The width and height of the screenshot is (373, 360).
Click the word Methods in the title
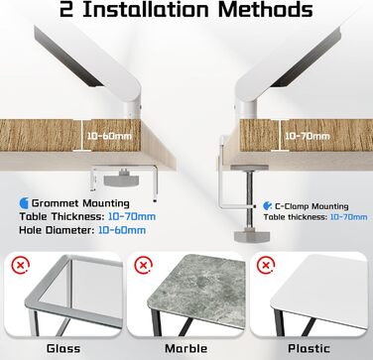coord(265,10)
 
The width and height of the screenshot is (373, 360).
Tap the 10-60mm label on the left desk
coord(109,136)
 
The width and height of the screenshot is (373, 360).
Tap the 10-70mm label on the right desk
coord(308,136)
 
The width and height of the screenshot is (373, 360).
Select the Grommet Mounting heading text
coord(80,203)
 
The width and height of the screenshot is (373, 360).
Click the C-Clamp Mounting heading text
coord(311,206)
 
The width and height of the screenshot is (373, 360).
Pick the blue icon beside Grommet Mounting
coord(24,203)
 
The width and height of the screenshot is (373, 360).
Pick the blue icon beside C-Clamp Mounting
coord(267,206)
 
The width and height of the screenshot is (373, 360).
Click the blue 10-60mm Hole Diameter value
coord(122,230)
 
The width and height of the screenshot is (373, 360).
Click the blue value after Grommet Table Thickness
coord(132,216)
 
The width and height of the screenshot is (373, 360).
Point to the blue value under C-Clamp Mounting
coord(348,217)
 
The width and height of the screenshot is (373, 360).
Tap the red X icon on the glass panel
coord(21,265)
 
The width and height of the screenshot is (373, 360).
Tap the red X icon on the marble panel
coord(144,265)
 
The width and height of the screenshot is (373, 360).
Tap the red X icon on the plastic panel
coord(266,265)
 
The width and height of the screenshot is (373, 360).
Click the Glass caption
coord(63,348)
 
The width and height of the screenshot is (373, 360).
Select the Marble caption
coord(186,348)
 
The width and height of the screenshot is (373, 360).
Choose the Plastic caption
coord(309,348)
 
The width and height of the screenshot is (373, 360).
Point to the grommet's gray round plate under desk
coord(122,180)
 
